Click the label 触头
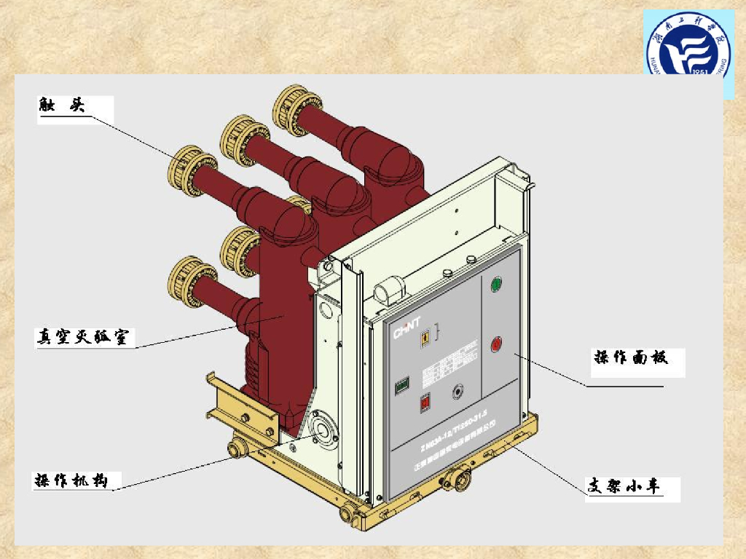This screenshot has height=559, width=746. coord(63,105)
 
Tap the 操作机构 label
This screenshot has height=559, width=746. coord(71,480)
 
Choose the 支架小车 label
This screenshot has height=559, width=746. coord(627,486)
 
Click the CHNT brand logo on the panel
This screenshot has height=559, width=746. coord(409,333)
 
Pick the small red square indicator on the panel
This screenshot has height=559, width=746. coord(425,403)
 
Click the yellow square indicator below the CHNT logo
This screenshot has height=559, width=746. coord(422,338)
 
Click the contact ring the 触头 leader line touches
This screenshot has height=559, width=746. coord(189,175)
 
